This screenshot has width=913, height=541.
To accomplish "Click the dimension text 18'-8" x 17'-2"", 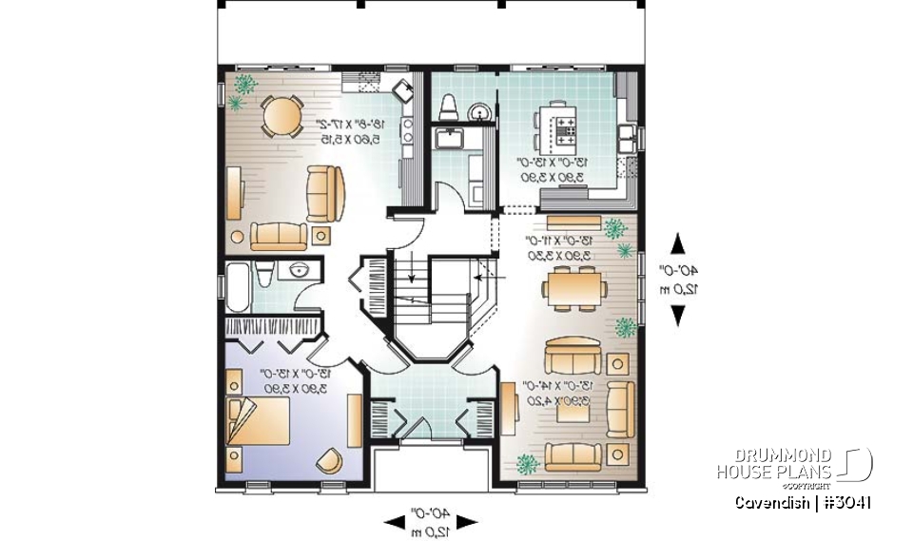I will click(x=351, y=131).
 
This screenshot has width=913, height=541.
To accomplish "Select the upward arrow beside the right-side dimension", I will click(x=678, y=243).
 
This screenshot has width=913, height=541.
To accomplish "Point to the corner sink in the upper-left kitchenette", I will click(x=403, y=91).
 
